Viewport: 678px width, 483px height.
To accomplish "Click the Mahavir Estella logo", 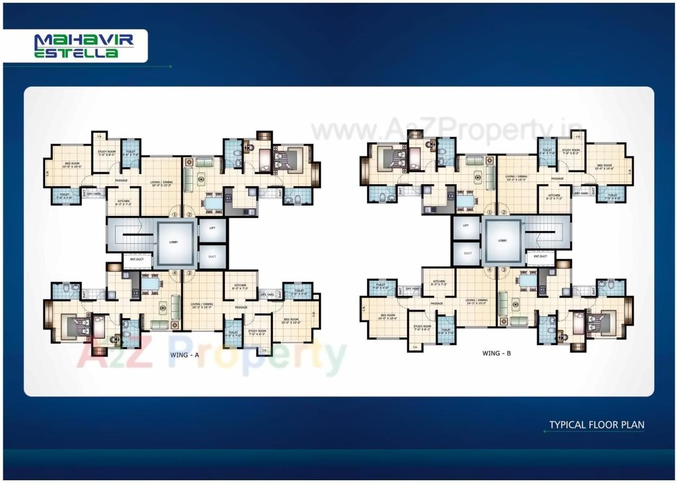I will tap(75, 46).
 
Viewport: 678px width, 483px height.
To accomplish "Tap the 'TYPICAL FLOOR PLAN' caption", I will tap(597, 425).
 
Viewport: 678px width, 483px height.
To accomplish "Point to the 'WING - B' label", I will tap(496, 353).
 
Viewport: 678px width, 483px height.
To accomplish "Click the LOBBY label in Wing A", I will tap(174, 242).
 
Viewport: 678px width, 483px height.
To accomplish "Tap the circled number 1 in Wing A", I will tap(175, 214).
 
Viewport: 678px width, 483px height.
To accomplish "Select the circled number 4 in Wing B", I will tap(489, 269).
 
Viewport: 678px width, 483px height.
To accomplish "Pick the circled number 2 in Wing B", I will tap(504, 212).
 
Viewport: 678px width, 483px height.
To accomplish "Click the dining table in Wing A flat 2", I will tap(213, 202).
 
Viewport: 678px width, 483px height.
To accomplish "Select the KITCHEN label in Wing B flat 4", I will tap(439, 282).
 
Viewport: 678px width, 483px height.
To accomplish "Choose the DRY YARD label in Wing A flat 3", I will tap(267, 295).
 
